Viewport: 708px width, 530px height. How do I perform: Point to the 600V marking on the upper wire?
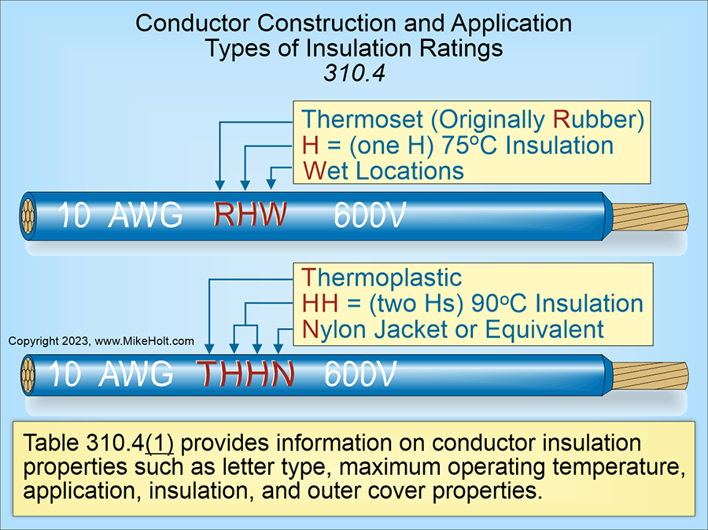[x=370, y=215]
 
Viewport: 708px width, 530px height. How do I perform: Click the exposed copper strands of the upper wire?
[x=649, y=215]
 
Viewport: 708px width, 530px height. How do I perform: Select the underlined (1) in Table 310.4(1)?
[x=160, y=441]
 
